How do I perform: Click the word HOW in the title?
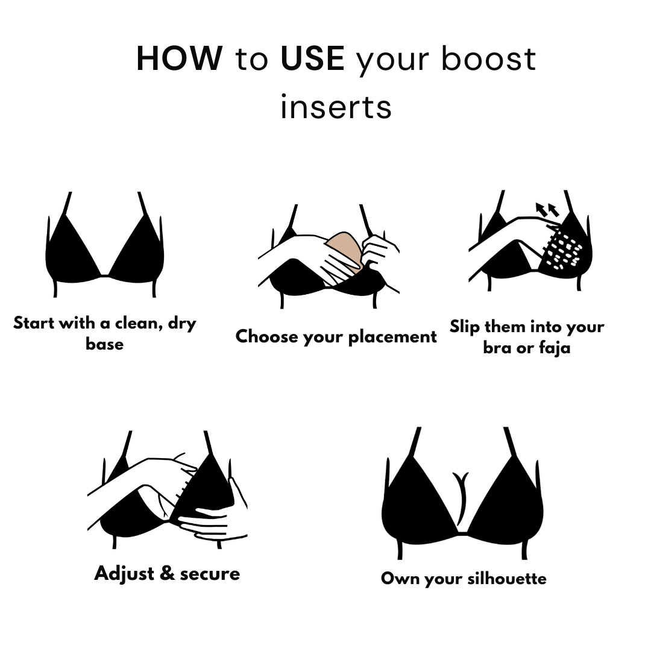(x=180, y=58)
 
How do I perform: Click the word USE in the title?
(x=312, y=58)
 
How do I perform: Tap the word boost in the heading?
(x=488, y=58)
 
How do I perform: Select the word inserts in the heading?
(x=336, y=107)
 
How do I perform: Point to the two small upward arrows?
(x=547, y=210)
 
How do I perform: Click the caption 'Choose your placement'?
(x=336, y=337)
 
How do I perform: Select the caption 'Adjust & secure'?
(x=167, y=574)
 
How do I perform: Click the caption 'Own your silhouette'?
(x=464, y=579)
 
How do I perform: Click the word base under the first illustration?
(x=105, y=344)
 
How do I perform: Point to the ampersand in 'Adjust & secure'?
(x=167, y=573)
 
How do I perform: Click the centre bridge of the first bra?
(x=105, y=275)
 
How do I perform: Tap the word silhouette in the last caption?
(x=507, y=578)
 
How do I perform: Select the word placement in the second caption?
(x=392, y=337)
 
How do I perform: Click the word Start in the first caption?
(x=34, y=323)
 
